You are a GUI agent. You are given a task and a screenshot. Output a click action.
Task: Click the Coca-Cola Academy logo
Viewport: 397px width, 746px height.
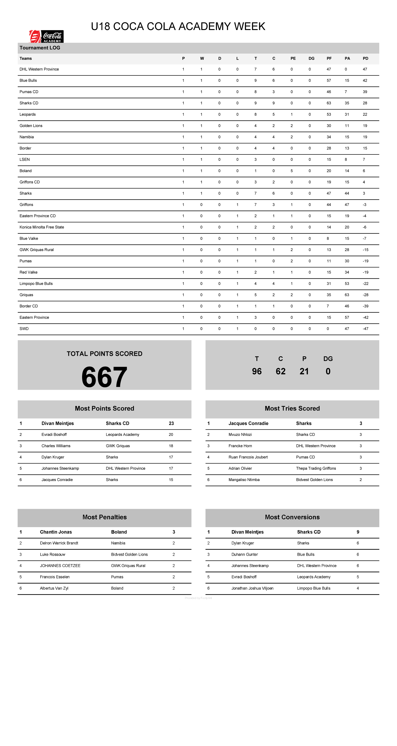point(46,37)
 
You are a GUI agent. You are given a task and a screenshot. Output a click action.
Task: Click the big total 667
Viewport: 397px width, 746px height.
point(104,377)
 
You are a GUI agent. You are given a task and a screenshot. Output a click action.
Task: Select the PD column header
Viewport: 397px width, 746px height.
point(366,58)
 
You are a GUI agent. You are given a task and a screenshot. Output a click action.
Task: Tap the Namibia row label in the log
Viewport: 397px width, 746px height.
point(27,137)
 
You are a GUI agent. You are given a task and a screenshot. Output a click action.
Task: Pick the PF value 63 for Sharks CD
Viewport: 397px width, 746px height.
point(329,103)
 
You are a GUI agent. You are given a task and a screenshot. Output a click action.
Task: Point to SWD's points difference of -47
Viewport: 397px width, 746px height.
point(366,329)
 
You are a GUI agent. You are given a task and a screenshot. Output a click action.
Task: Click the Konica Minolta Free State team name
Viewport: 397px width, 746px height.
point(42,227)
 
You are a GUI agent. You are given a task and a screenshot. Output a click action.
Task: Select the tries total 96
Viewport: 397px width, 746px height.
point(257,371)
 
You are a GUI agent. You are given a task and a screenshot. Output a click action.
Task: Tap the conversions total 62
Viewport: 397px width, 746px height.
point(280,371)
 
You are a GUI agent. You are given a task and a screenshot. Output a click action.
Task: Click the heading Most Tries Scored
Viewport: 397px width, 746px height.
point(292,408)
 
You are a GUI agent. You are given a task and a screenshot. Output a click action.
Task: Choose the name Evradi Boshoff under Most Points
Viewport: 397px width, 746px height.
point(54,434)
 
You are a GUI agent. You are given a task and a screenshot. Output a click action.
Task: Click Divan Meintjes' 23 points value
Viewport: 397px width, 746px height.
point(171,423)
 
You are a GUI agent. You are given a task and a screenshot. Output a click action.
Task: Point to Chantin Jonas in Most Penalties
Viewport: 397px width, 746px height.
point(56,532)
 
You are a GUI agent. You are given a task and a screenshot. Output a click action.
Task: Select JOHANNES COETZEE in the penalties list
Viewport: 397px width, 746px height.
point(60,566)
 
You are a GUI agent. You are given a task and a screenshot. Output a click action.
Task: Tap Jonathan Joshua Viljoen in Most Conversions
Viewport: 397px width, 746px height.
point(252,588)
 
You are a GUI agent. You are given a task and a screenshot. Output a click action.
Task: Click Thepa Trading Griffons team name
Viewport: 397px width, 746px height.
point(316,468)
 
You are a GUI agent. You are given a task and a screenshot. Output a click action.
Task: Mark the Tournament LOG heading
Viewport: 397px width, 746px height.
point(40,48)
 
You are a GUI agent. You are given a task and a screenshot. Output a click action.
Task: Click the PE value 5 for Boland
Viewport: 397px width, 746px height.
point(292,171)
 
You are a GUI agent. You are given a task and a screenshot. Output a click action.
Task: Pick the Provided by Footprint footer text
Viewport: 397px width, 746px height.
point(198,598)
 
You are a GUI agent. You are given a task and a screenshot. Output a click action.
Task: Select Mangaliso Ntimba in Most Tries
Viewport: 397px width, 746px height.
point(244,480)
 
